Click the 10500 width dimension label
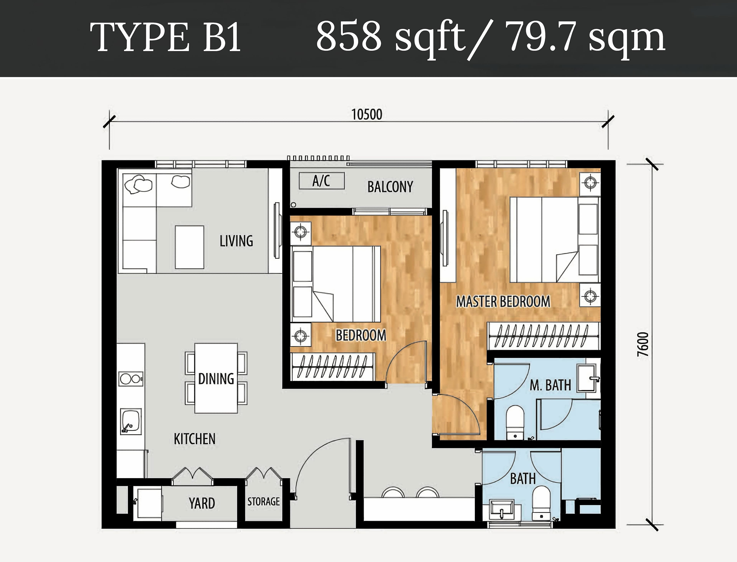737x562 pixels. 367,114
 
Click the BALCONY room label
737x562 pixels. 390,187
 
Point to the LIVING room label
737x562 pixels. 236,241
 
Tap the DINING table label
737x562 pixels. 216,379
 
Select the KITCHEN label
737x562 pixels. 195,439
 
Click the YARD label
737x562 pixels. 202,503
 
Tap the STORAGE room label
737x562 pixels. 264,501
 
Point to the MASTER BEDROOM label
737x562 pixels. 503,301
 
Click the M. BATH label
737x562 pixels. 550,385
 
